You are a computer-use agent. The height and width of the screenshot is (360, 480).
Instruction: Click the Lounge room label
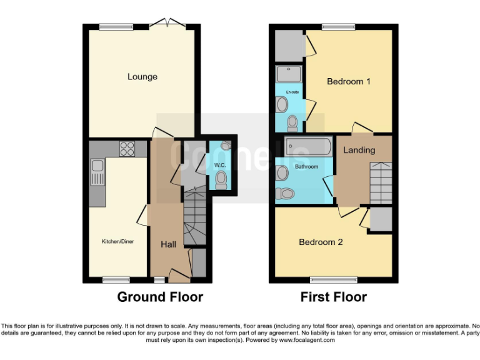point(142,77)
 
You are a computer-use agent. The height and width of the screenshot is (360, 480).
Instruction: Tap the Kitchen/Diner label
point(119,241)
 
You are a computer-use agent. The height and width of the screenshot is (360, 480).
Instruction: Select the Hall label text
point(168,244)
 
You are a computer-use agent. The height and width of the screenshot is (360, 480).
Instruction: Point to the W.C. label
point(219,165)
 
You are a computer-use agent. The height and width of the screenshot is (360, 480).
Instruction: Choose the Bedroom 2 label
point(321,242)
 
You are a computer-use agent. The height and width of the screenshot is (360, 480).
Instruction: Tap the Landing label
point(359,150)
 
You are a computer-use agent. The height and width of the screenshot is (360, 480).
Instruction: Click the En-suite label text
point(292,92)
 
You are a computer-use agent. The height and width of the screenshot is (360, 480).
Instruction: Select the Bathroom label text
point(307,167)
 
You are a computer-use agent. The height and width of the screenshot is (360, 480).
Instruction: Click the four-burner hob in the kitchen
point(127,149)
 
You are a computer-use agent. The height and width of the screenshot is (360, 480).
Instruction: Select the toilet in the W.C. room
point(221,180)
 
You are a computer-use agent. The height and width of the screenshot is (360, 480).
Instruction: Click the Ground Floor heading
point(160,297)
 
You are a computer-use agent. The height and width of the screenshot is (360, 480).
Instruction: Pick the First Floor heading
point(333,297)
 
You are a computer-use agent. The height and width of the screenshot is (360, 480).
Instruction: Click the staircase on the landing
point(379,181)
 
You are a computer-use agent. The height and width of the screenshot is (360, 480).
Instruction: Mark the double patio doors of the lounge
point(168,25)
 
